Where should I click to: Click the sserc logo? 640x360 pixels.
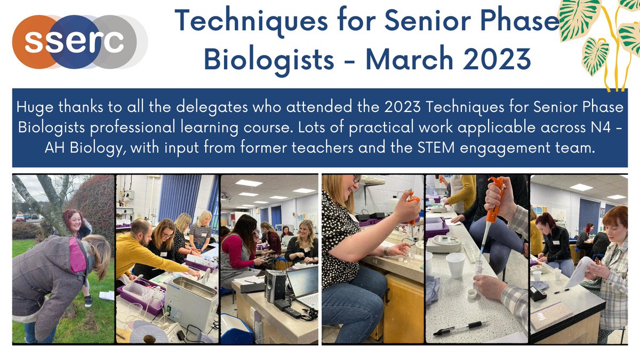(x=80, y=42)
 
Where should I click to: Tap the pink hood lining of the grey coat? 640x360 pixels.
(x=77, y=254)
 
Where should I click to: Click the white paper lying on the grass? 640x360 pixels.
(x=106, y=295)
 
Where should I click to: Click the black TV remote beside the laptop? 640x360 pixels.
(x=291, y=311)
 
